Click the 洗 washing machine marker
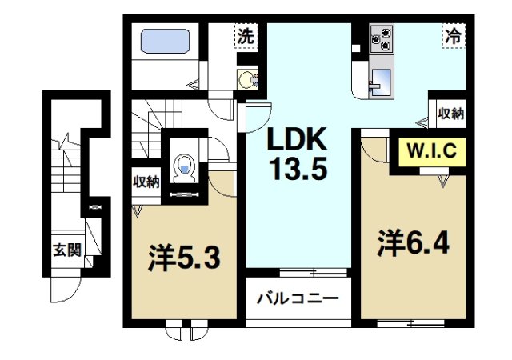[246, 37]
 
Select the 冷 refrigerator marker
[452, 37]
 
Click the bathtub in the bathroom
[164, 42]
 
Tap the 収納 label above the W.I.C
[450, 114]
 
